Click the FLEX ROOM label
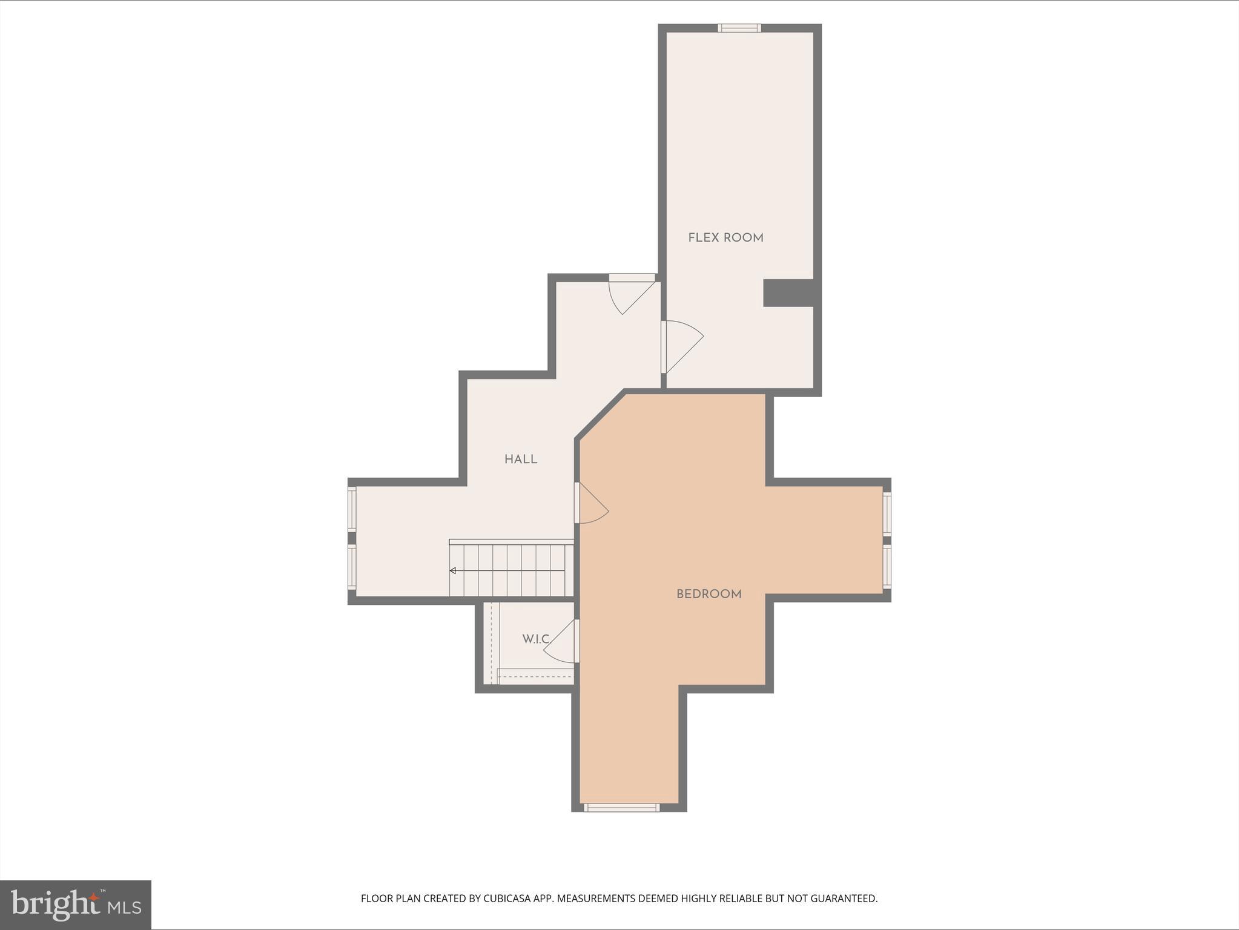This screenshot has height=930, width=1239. tap(725, 238)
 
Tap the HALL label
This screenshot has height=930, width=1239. tap(521, 460)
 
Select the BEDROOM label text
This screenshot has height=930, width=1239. tap(709, 595)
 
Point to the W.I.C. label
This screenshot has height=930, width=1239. tap(536, 639)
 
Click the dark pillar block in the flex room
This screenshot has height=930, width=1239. tap(787, 293)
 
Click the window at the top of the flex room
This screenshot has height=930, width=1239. tap(739, 28)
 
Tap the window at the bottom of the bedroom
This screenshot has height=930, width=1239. tap(622, 807)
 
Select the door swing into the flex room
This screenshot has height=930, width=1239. tap(681, 345)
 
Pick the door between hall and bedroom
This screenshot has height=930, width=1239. tap(590, 503)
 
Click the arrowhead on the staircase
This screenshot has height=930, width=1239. tap(452, 570)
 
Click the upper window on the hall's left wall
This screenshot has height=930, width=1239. tap(352, 510)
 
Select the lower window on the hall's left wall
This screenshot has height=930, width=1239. tap(352, 567)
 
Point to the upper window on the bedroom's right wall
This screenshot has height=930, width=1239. tap(887, 513)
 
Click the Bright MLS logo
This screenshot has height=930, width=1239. tap(76, 905)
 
